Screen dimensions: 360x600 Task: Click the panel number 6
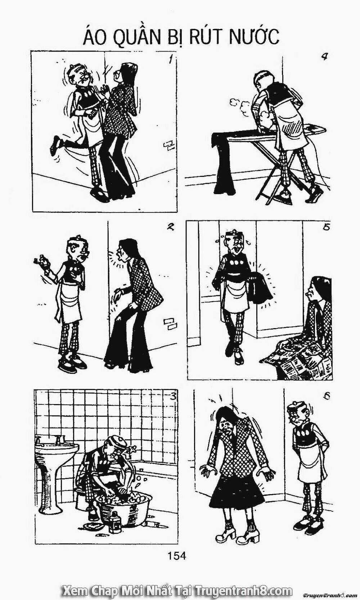(327, 396)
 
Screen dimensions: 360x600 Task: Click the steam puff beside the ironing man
(241, 106)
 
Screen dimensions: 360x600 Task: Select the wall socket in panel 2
(170, 323)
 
